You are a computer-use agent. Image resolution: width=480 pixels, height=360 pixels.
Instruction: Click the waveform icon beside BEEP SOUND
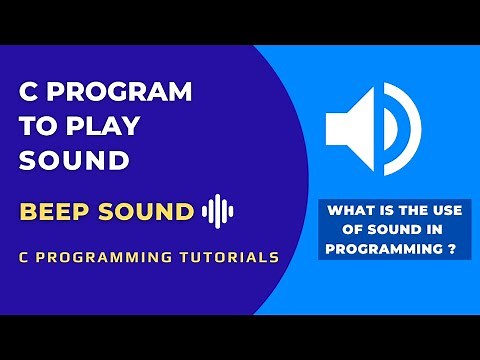(x=217, y=211)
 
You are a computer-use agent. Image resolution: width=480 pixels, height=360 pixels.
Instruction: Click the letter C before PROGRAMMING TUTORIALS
(x=24, y=257)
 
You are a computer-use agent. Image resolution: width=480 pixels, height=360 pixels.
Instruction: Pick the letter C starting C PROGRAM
(x=30, y=92)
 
